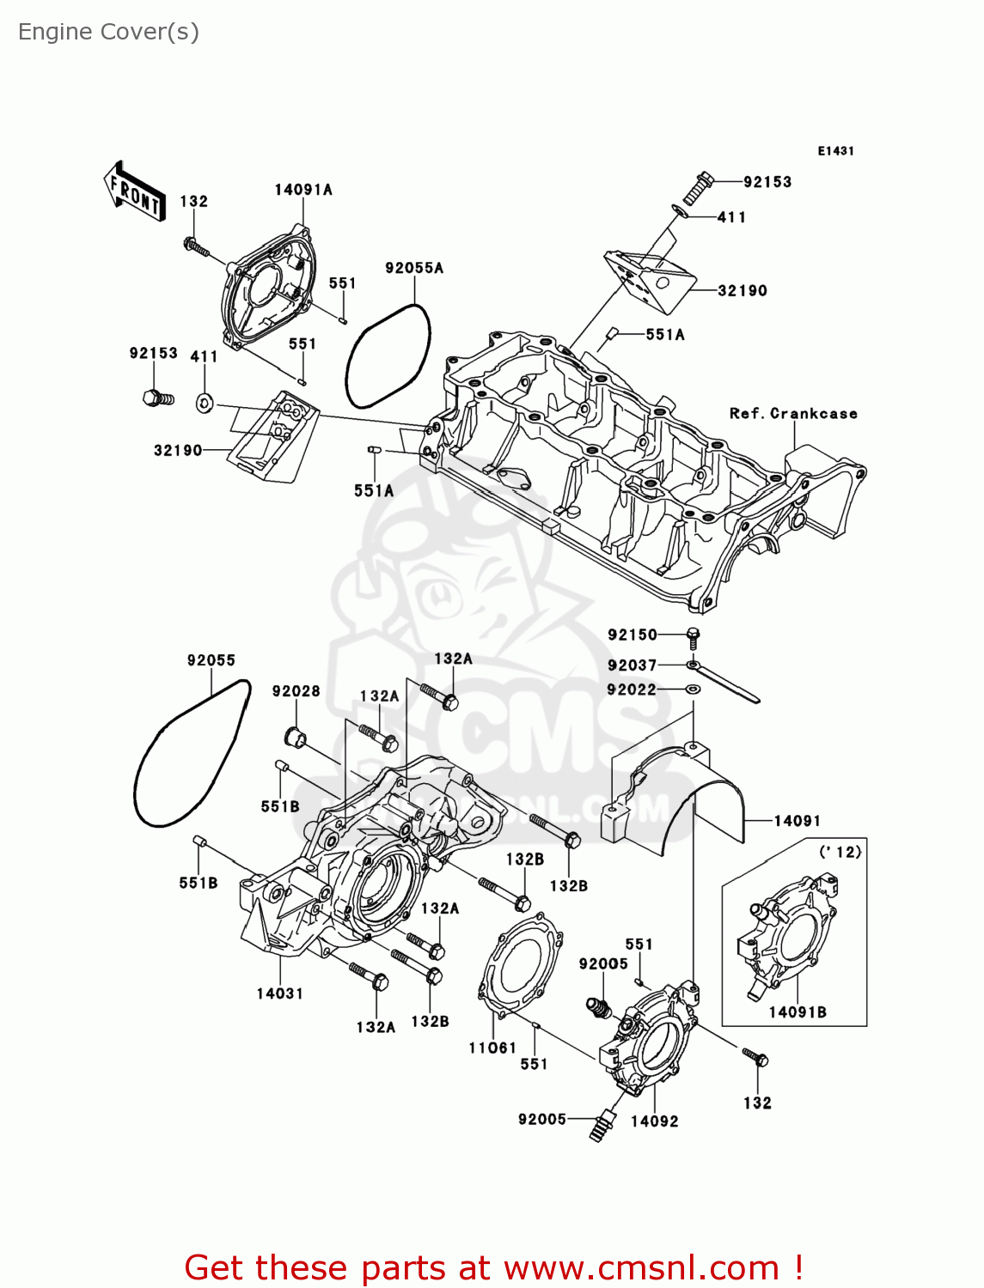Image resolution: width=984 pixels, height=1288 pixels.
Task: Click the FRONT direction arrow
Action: tap(134, 192)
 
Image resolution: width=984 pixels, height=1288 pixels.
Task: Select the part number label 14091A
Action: tap(303, 190)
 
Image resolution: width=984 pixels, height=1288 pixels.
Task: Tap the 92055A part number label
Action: tap(414, 268)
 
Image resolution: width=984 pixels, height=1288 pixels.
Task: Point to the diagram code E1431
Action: tap(835, 151)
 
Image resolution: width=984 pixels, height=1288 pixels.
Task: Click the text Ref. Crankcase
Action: tap(793, 414)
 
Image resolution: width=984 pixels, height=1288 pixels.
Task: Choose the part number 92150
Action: tap(633, 635)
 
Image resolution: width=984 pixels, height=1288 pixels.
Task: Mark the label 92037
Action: tap(632, 665)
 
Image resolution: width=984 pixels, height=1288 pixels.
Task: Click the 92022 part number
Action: tap(632, 690)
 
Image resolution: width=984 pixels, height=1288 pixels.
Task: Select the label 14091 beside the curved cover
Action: tap(797, 821)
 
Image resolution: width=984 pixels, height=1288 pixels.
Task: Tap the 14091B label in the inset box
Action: tap(798, 1012)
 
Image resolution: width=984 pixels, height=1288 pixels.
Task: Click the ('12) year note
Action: tap(840, 852)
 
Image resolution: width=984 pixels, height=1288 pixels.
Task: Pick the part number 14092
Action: tap(654, 1121)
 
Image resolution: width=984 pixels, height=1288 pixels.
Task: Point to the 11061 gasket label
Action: tap(492, 1048)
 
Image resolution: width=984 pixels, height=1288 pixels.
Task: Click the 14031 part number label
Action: tap(279, 993)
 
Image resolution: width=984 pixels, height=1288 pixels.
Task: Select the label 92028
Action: tap(296, 691)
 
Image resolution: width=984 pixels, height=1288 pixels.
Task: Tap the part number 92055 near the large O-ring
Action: tap(211, 660)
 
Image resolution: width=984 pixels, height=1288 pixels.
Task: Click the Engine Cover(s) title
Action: tap(108, 32)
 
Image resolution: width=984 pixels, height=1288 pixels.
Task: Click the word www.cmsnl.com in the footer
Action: tap(640, 1267)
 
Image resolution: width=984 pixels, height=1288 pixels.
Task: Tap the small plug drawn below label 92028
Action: tap(295, 736)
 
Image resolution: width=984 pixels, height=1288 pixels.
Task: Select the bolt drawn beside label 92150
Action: tap(693, 636)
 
